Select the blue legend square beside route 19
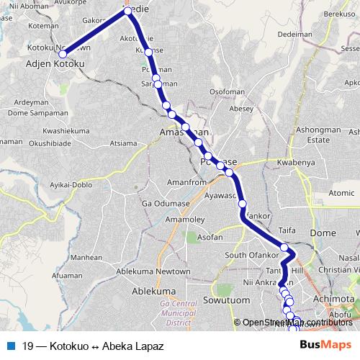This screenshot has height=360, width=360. click(10, 345)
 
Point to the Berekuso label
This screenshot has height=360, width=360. click(340, 14)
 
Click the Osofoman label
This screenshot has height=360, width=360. click(228, 92)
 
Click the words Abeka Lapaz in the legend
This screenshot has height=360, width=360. click(135, 345)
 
